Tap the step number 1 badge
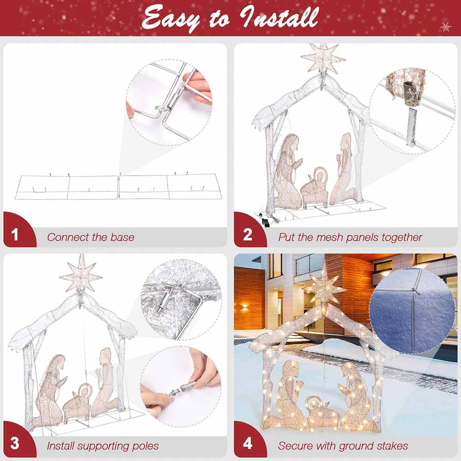pos(15,235)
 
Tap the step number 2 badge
pos(248,235)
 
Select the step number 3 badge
pos(15,444)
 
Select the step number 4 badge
pos(248,444)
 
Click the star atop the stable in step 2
pos(323,59)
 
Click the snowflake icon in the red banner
pos(445,27)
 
